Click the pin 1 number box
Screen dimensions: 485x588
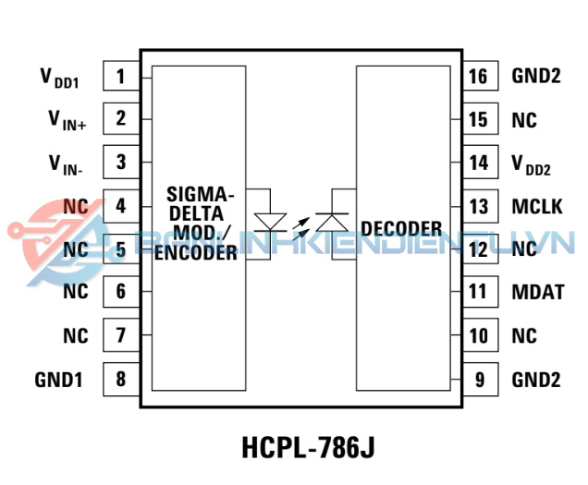[x=121, y=77]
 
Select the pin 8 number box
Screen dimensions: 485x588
[x=121, y=378]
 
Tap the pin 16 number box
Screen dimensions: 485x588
[x=478, y=77]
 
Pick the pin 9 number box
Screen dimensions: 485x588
[x=478, y=378]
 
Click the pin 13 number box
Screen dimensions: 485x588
[x=478, y=206]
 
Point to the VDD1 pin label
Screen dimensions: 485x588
[x=59, y=79]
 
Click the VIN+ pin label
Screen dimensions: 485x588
[x=67, y=120]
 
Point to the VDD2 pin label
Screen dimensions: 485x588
[x=532, y=165]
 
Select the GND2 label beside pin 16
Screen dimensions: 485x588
[x=536, y=77]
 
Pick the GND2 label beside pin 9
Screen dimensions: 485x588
[x=536, y=378]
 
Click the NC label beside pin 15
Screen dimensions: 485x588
[x=524, y=120]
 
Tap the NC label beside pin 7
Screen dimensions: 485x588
[x=76, y=335]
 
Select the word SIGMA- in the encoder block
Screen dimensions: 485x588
[x=201, y=195]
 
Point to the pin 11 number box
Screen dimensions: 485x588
[x=478, y=292]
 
